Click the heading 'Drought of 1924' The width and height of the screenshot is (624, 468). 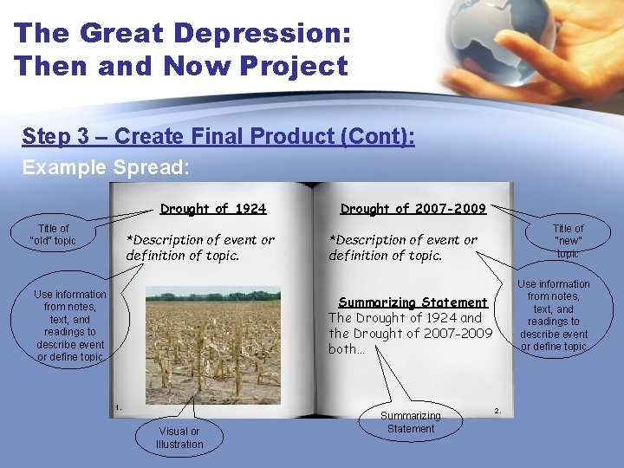tap(213, 209)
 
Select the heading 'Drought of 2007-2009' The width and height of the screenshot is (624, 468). tap(413, 209)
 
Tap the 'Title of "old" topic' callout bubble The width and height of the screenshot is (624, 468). tap(53, 235)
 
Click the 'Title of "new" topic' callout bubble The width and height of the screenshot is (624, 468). tap(568, 241)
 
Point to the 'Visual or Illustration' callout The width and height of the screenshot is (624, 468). tap(179, 438)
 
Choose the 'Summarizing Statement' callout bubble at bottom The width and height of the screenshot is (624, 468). tap(411, 422)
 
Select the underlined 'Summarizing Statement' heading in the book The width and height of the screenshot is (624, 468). tap(413, 302)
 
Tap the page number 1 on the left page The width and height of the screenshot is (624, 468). tap(119, 406)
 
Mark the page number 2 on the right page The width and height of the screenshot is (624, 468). tap(497, 409)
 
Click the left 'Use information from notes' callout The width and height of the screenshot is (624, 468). tap(70, 326)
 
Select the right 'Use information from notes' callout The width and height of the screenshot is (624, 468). tap(553, 315)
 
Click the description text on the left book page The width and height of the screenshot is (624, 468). tap(199, 247)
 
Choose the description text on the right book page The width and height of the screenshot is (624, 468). tap(402, 247)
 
